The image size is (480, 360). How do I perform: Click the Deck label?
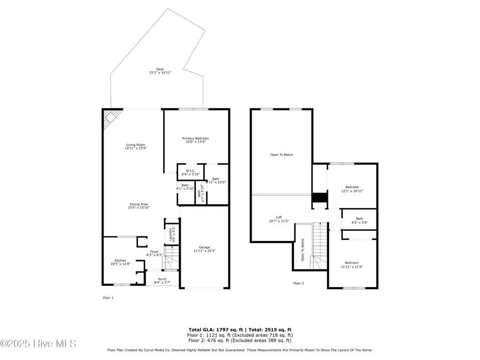(156, 71)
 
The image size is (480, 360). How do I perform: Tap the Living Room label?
(135, 147)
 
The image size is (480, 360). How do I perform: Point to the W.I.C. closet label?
(190, 172)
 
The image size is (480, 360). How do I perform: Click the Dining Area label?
(138, 206)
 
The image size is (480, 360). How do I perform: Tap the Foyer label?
(154, 253)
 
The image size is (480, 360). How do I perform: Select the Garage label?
(204, 249)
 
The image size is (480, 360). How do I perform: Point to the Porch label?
(162, 280)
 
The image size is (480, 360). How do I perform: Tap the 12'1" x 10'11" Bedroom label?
(352, 189)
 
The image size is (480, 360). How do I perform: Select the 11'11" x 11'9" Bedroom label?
(351, 264)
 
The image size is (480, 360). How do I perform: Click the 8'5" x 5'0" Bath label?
(359, 220)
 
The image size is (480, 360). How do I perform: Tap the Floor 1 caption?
(108, 298)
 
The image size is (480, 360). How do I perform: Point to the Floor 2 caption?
(298, 283)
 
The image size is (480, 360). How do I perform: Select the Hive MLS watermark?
(38, 343)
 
